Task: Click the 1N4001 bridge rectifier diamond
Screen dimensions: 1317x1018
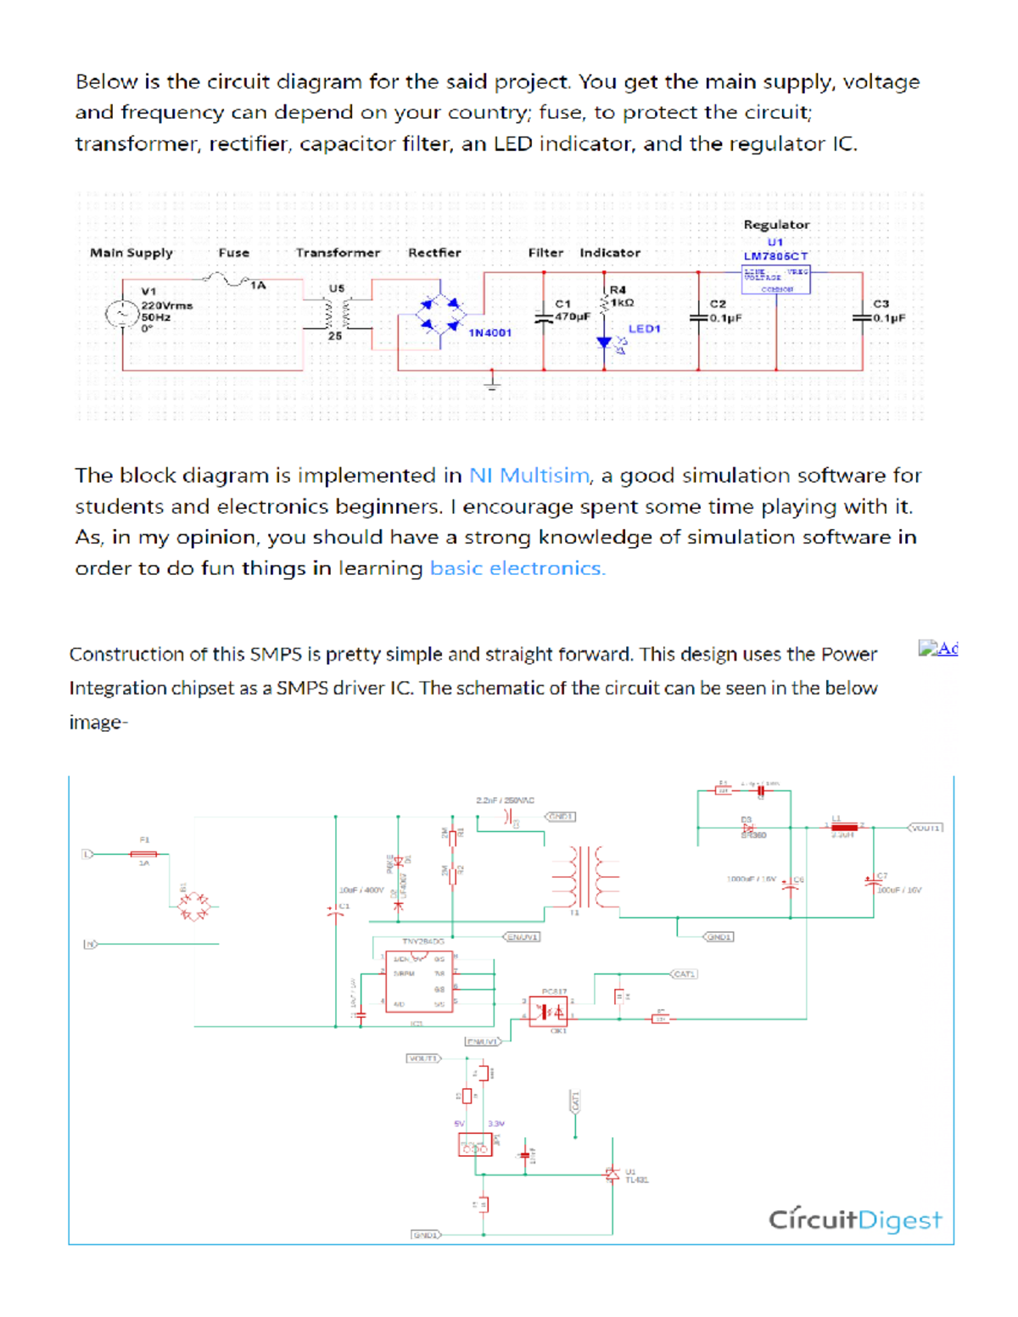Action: pyautogui.click(x=440, y=315)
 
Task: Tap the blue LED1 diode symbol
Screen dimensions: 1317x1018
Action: pyautogui.click(x=604, y=342)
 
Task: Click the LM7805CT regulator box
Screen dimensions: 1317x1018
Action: pyautogui.click(x=775, y=280)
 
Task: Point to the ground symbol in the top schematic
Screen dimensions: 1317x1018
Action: pyautogui.click(x=493, y=381)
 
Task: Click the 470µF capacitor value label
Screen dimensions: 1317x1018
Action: pyautogui.click(x=573, y=316)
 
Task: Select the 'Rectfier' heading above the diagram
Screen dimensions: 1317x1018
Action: pyautogui.click(x=434, y=253)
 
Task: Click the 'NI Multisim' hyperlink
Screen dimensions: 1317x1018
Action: pyautogui.click(x=529, y=476)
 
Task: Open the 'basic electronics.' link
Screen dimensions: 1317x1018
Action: pyautogui.click(x=517, y=568)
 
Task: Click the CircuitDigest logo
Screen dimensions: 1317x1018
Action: pyautogui.click(x=854, y=1219)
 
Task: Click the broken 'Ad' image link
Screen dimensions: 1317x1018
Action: pyautogui.click(x=937, y=650)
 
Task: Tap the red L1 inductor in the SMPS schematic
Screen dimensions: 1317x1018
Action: pyautogui.click(x=844, y=827)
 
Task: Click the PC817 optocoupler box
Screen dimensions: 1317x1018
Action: pyautogui.click(x=548, y=1011)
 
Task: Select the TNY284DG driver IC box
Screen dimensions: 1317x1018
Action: pyautogui.click(x=419, y=984)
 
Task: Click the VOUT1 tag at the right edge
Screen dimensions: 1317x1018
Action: pyautogui.click(x=925, y=828)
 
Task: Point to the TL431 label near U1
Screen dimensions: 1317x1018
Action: pyautogui.click(x=637, y=1180)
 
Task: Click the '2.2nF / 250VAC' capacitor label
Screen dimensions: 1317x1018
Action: pyautogui.click(x=505, y=800)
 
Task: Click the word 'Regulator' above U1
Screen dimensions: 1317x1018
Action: pyautogui.click(x=776, y=225)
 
